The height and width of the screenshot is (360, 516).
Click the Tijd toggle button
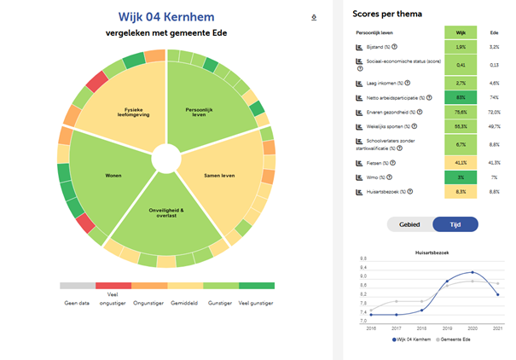click(x=455, y=224)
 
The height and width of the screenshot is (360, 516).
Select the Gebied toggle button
click(x=410, y=224)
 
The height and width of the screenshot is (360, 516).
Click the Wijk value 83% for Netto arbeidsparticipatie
click(x=460, y=98)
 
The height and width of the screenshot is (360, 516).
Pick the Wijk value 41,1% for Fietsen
click(x=460, y=161)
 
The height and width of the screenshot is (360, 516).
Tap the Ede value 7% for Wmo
click(x=494, y=177)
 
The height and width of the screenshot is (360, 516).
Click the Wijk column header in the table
click(x=460, y=32)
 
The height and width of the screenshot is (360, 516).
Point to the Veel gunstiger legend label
click(x=256, y=302)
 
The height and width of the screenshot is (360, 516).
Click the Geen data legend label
click(x=77, y=302)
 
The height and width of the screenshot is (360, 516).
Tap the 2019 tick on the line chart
click(x=444, y=327)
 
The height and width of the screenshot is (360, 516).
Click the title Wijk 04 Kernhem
click(x=166, y=17)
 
